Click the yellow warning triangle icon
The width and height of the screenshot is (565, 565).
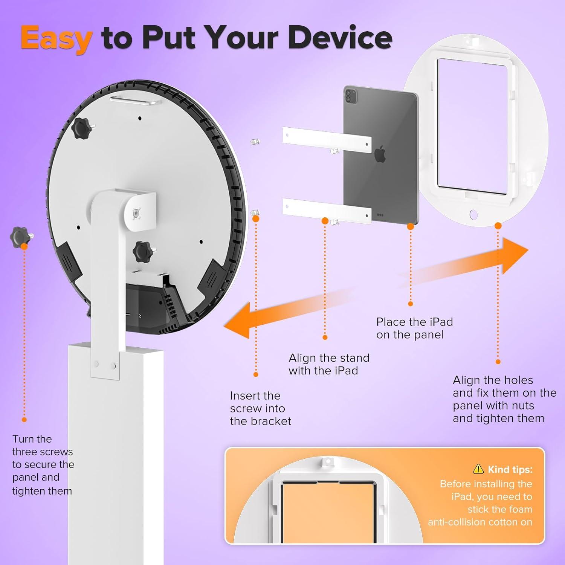478,469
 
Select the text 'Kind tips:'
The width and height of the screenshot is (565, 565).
510,469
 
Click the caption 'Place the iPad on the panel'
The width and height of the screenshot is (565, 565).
414,328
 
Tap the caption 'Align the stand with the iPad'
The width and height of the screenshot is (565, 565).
328,364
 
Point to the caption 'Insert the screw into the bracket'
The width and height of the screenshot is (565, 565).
260,408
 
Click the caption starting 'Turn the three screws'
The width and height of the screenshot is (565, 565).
43,465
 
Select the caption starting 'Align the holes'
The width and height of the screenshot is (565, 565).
504,399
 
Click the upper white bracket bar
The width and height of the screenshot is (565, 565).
327,139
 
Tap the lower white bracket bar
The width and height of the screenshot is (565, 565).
327,211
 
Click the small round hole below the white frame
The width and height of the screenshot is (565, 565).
473,215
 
